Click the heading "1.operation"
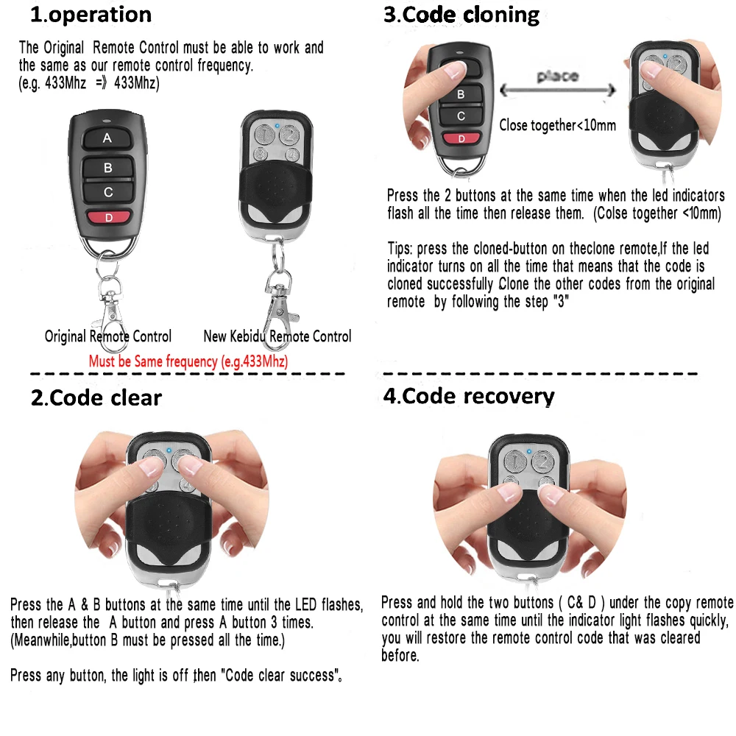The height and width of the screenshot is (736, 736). [91, 15]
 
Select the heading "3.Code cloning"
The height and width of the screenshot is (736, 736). [461, 15]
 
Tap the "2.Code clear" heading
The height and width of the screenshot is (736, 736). [96, 398]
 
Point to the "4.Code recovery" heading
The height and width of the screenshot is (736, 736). [468, 396]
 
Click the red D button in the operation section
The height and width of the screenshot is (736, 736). [107, 217]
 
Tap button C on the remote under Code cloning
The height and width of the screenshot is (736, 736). [461, 116]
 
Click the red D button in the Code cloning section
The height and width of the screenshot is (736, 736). [461, 138]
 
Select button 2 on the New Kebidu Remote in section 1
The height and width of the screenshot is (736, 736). [289, 134]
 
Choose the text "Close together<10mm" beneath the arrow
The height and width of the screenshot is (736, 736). [557, 126]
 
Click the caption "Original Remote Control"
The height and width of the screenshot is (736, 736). [108, 336]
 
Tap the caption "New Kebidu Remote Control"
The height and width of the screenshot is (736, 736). [277, 336]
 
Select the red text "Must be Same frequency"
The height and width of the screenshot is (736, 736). [188, 361]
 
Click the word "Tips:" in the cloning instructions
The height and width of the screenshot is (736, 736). [402, 249]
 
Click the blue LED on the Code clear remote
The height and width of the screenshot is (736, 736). [169, 450]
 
